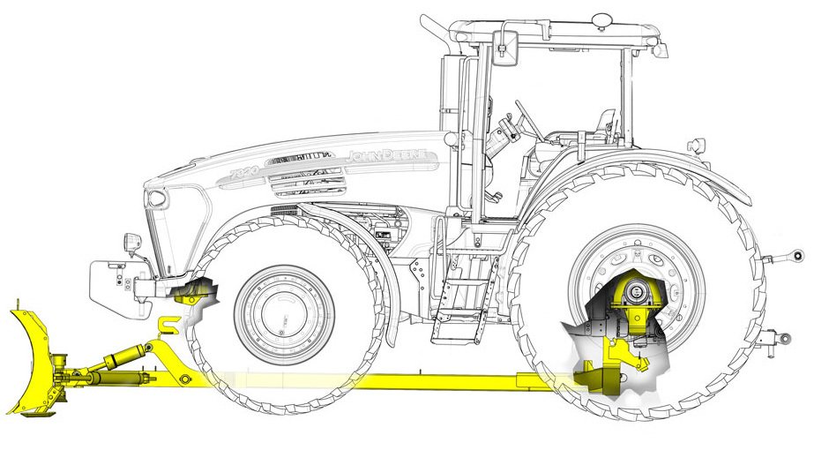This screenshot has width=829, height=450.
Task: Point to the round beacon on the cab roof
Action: pyautogui.click(x=602, y=18)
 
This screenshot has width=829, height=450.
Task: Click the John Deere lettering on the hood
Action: pyautogui.click(x=389, y=156)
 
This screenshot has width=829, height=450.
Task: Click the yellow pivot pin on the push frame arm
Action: pyautogui.click(x=183, y=379)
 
